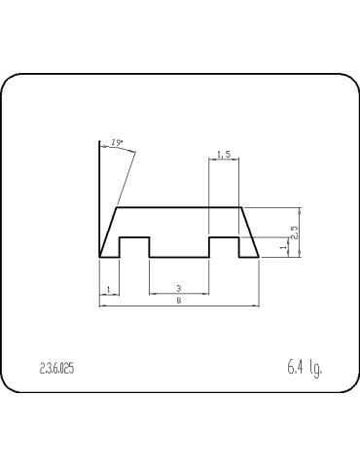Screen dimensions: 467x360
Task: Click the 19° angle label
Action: click(119, 144)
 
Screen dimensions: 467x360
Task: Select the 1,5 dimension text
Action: click(224, 154)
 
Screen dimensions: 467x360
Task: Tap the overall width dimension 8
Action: click(179, 302)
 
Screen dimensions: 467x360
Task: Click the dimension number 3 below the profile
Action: click(179, 288)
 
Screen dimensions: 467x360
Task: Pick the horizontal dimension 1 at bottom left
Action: click(108, 288)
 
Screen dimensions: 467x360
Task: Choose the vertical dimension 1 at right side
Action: click(283, 248)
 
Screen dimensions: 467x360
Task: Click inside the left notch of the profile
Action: click(133, 247)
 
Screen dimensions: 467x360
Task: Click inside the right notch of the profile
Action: click(224, 247)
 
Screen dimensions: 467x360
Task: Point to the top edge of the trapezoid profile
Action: click(179, 207)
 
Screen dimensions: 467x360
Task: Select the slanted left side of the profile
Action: click(108, 232)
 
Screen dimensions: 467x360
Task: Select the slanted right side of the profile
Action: click(250, 232)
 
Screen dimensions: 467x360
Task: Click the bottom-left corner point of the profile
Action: click(99, 257)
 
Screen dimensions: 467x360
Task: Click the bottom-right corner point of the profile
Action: click(259, 257)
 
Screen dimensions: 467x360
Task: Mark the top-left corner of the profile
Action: click(117, 207)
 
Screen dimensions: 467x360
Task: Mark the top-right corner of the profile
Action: click(241, 207)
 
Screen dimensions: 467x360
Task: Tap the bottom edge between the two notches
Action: click(179, 257)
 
